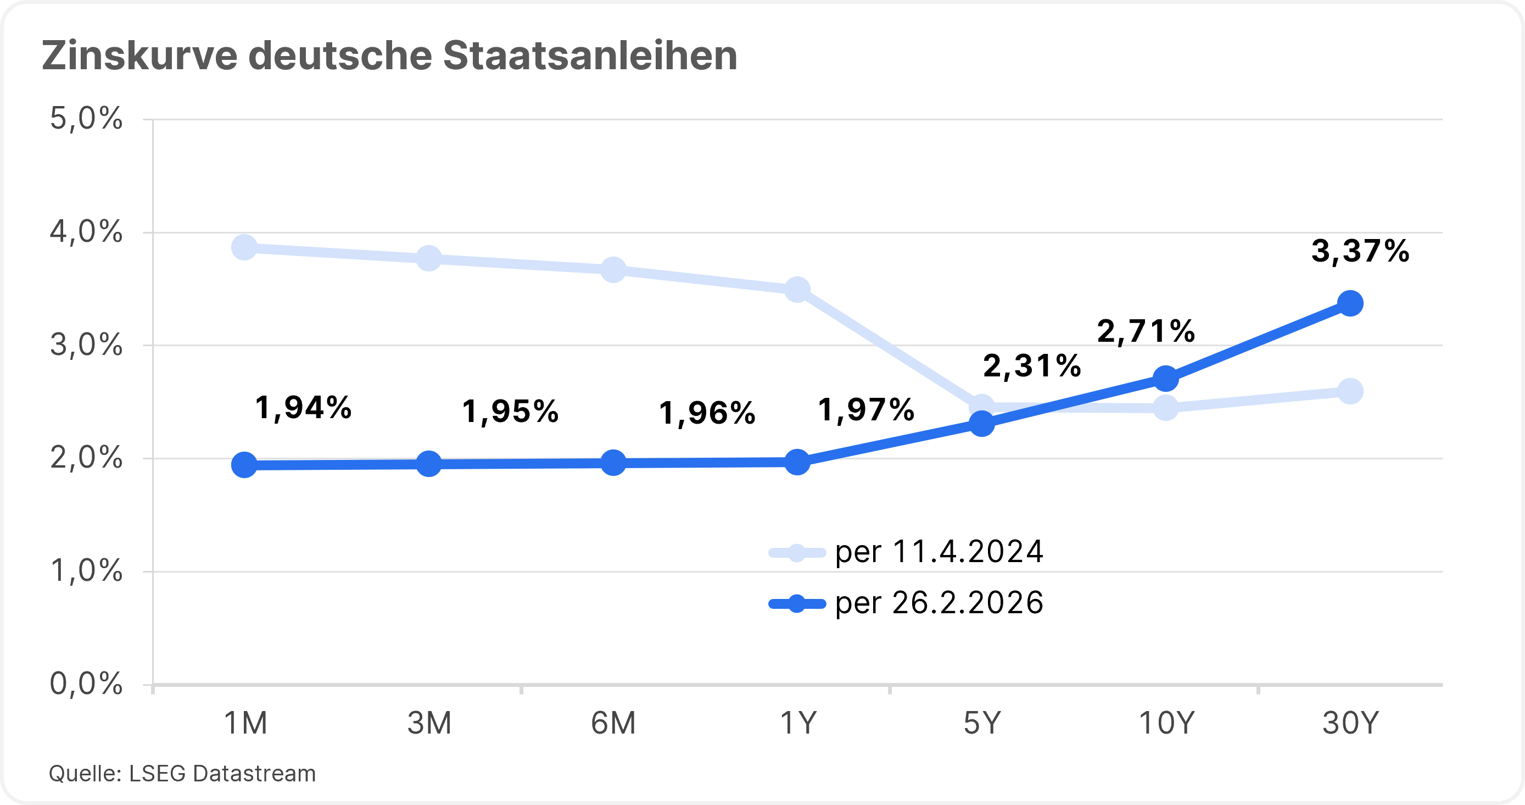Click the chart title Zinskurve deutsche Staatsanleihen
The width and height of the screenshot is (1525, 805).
point(389,56)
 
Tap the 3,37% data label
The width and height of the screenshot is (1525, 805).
point(1360,251)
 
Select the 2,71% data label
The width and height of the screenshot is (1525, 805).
point(1146,331)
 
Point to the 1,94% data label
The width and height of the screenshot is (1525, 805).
point(303,408)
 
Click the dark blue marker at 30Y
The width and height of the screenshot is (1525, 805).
point(1350,304)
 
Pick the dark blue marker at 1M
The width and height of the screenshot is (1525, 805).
point(244,465)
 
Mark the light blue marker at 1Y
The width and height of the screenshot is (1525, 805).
point(797,290)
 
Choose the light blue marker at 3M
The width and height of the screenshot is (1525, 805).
point(428,258)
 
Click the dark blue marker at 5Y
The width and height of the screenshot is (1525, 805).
point(981,424)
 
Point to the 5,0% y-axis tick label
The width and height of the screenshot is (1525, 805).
point(86,119)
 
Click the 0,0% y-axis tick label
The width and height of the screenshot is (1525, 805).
point(86,684)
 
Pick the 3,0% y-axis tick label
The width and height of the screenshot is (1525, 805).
point(86,345)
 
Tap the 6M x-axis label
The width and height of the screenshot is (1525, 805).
point(613,723)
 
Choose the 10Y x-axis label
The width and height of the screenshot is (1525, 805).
point(1166,723)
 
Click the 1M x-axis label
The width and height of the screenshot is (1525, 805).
point(245,723)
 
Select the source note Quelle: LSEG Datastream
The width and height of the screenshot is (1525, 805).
point(182,774)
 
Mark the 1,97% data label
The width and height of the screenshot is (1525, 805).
point(865,410)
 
